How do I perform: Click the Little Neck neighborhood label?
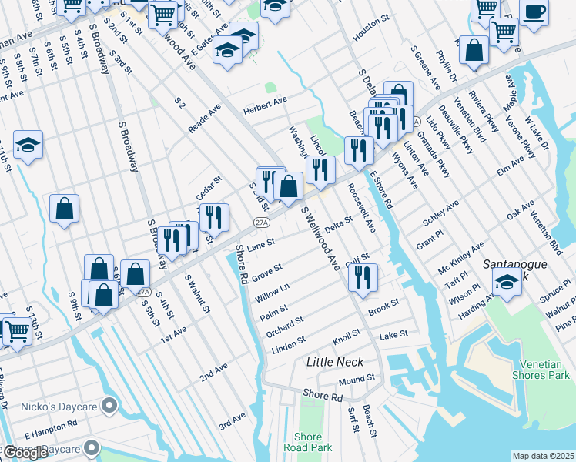(x=334, y=361)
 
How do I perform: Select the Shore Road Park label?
(x=307, y=442)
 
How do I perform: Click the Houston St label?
(x=368, y=37)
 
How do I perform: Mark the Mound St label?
(x=356, y=380)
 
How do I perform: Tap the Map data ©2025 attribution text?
(x=543, y=456)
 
